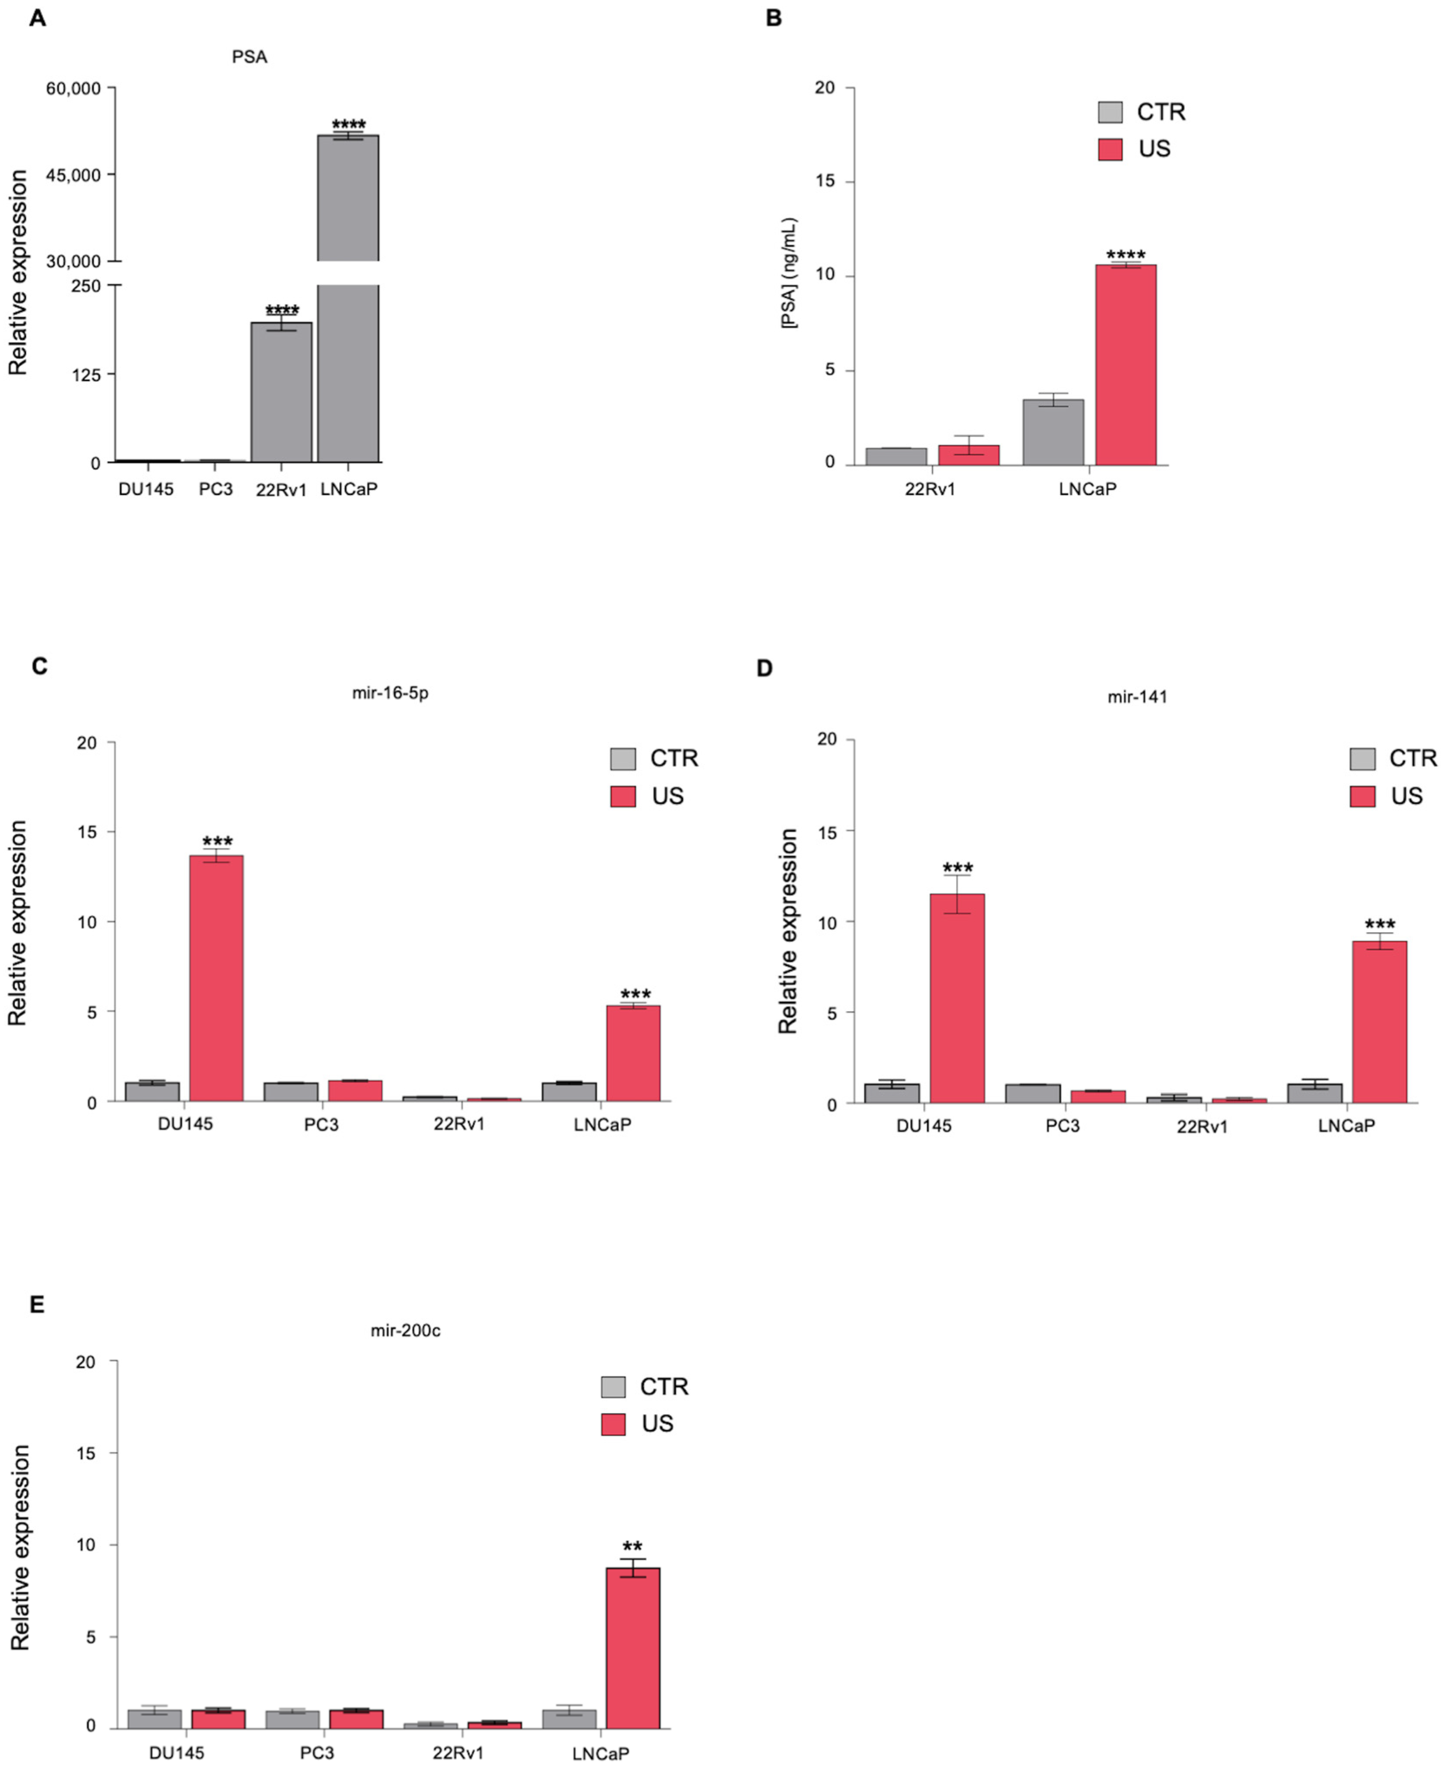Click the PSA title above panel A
pos(249,56)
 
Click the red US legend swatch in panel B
pos(1110,149)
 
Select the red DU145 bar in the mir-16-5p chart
pos(217,978)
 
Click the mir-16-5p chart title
pos(390,692)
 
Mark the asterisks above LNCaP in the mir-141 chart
pos(1380,924)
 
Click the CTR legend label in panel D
pos(1412,758)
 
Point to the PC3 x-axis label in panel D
pos(1062,1126)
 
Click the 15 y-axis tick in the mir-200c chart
pos(86,1454)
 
